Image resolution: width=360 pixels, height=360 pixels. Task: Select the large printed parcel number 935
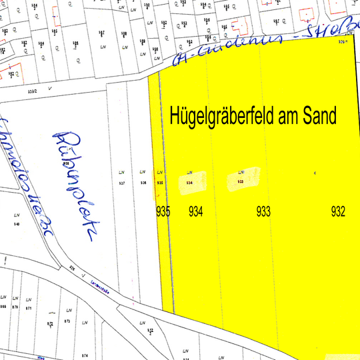[x=163, y=213]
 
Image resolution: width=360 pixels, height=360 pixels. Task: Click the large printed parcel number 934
[x=196, y=213]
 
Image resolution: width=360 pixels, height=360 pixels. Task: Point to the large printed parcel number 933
[x=264, y=213]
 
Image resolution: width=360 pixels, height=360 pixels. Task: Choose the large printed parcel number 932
[x=339, y=213]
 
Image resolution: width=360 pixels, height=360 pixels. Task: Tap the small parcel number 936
[x=143, y=182]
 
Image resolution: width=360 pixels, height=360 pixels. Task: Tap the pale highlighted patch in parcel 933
[x=239, y=180]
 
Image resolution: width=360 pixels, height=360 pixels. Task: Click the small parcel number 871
[x=29, y=309]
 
